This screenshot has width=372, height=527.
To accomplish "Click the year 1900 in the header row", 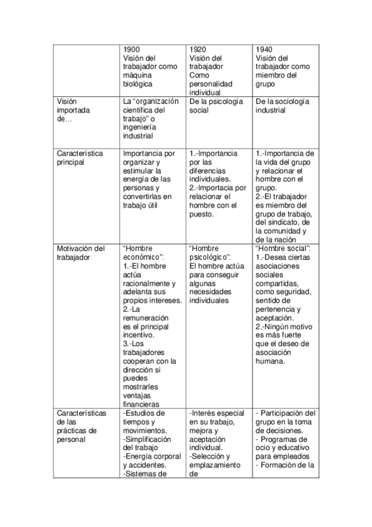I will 131,49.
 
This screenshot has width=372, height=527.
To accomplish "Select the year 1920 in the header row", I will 197,49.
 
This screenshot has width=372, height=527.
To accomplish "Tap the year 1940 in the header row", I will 264,49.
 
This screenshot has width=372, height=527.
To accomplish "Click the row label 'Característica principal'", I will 79,158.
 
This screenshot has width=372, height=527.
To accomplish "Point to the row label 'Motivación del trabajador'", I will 81,252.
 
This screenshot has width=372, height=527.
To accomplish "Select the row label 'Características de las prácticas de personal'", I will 81,426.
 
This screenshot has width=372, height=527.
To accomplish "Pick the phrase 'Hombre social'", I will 283,249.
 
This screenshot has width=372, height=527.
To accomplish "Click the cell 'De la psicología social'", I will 216,106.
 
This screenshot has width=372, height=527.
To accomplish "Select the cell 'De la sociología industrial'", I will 283,106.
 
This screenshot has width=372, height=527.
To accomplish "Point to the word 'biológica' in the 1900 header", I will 138,84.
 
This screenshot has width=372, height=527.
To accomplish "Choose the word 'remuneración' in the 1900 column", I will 147,318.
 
